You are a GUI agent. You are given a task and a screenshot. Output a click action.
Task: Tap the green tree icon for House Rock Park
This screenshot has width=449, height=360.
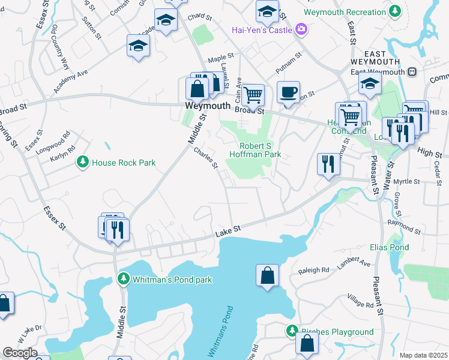point(82,162)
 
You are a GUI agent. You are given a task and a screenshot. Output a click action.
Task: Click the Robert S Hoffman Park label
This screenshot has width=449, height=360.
point(260,150)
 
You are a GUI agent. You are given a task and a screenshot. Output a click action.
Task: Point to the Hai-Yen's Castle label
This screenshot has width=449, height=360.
point(262,29)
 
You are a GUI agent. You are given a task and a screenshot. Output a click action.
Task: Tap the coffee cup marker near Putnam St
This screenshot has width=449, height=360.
point(288,93)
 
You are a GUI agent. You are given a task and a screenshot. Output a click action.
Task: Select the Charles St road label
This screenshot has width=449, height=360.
point(205,159)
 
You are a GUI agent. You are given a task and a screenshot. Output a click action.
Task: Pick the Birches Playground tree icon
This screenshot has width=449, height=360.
point(292,331)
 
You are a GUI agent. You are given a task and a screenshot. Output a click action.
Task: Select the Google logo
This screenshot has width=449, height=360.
point(20,353)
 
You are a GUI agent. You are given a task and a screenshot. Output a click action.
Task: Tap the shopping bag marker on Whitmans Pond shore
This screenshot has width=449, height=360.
point(268,275)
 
